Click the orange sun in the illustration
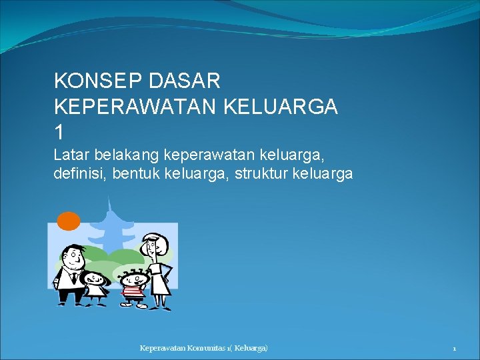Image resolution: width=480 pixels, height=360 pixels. coord(68,221)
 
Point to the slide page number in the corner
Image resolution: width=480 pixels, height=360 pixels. coord(454,349)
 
